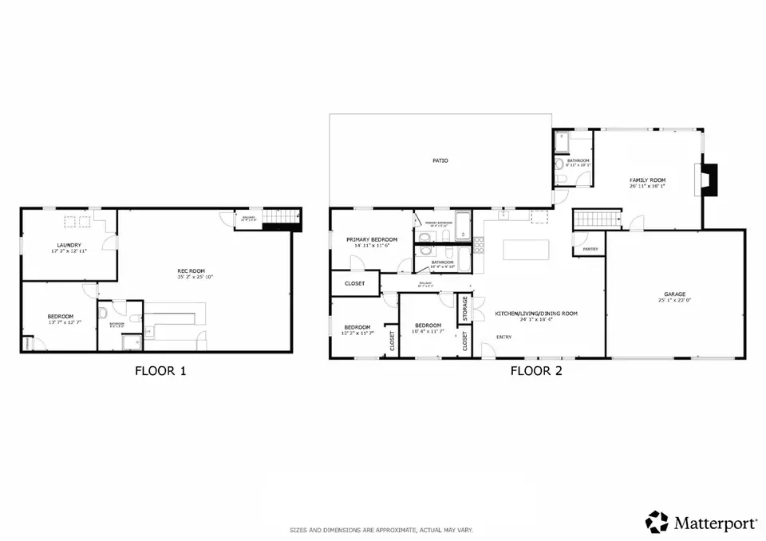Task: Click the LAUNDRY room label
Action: [68, 245]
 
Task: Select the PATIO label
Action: [440, 160]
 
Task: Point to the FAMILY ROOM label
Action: [647, 180]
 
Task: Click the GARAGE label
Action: [675, 294]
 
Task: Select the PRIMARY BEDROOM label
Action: [371, 239]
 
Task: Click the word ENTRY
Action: [504, 337]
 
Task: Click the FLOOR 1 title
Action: [160, 370]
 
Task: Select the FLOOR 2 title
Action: [537, 370]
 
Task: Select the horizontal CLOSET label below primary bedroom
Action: [355, 283]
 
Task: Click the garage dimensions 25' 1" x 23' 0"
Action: [675, 301]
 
